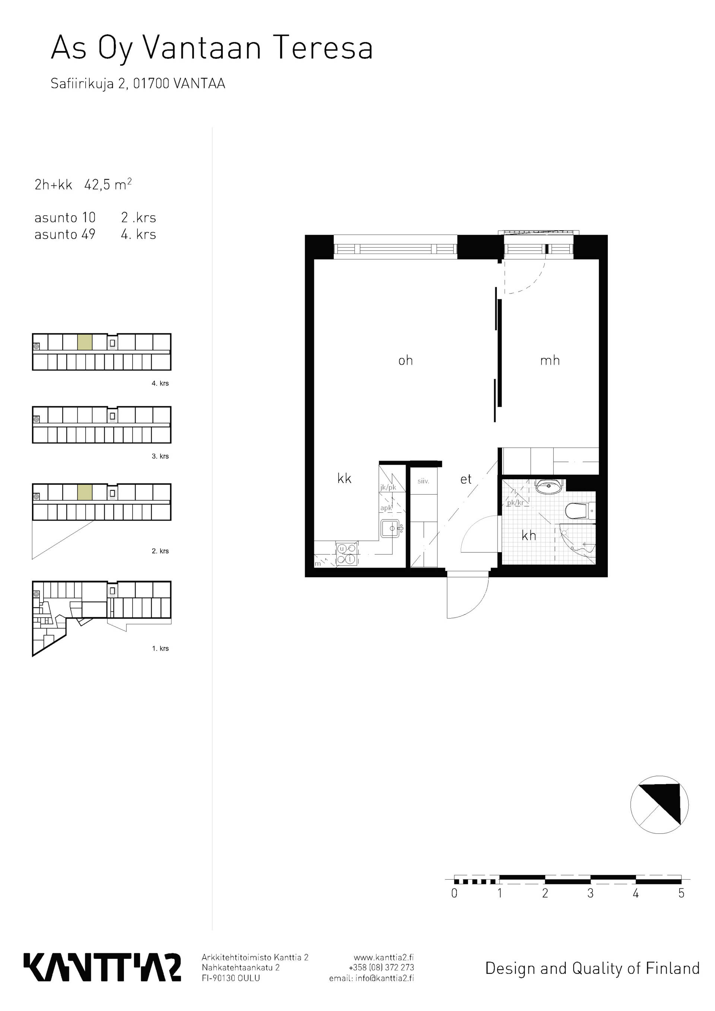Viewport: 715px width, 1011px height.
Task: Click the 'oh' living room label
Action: pos(406,360)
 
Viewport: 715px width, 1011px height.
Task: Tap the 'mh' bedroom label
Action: pos(550,360)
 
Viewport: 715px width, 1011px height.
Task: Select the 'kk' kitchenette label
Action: pos(344,479)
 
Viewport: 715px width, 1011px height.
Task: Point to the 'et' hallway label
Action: pos(466,479)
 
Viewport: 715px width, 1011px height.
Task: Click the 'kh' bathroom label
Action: pos(529,535)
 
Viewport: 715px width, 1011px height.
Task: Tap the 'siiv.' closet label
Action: pos(423,481)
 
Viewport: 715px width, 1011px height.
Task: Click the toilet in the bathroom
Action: pos(580,511)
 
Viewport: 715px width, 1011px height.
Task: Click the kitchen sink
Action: pos(391,528)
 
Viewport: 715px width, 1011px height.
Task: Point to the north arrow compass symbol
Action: pos(659,804)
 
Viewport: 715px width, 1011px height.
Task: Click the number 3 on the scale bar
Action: pos(590,893)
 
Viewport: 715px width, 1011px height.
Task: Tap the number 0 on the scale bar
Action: pos(454,893)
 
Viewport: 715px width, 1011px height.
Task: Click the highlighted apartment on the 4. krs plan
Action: pos(85,342)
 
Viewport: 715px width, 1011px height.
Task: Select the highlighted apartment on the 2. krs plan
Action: pos(85,492)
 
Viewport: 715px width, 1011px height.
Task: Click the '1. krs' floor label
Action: pos(160,648)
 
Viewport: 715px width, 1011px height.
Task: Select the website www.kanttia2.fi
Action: pos(384,957)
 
